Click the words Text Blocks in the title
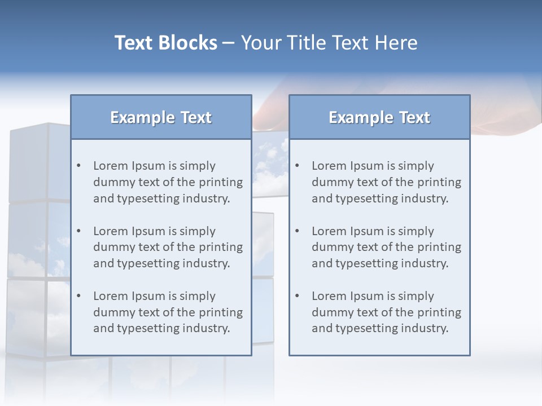click(165, 43)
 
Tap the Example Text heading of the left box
click(161, 117)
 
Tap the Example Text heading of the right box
click(379, 117)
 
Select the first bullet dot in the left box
click(78, 166)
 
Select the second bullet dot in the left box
click(78, 231)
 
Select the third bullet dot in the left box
click(78, 296)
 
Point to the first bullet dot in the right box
click(297, 166)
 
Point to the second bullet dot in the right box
click(297, 231)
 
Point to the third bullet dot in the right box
click(297, 296)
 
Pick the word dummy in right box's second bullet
click(329, 247)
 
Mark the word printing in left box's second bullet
click(224, 247)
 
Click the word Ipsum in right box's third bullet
click(368, 296)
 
